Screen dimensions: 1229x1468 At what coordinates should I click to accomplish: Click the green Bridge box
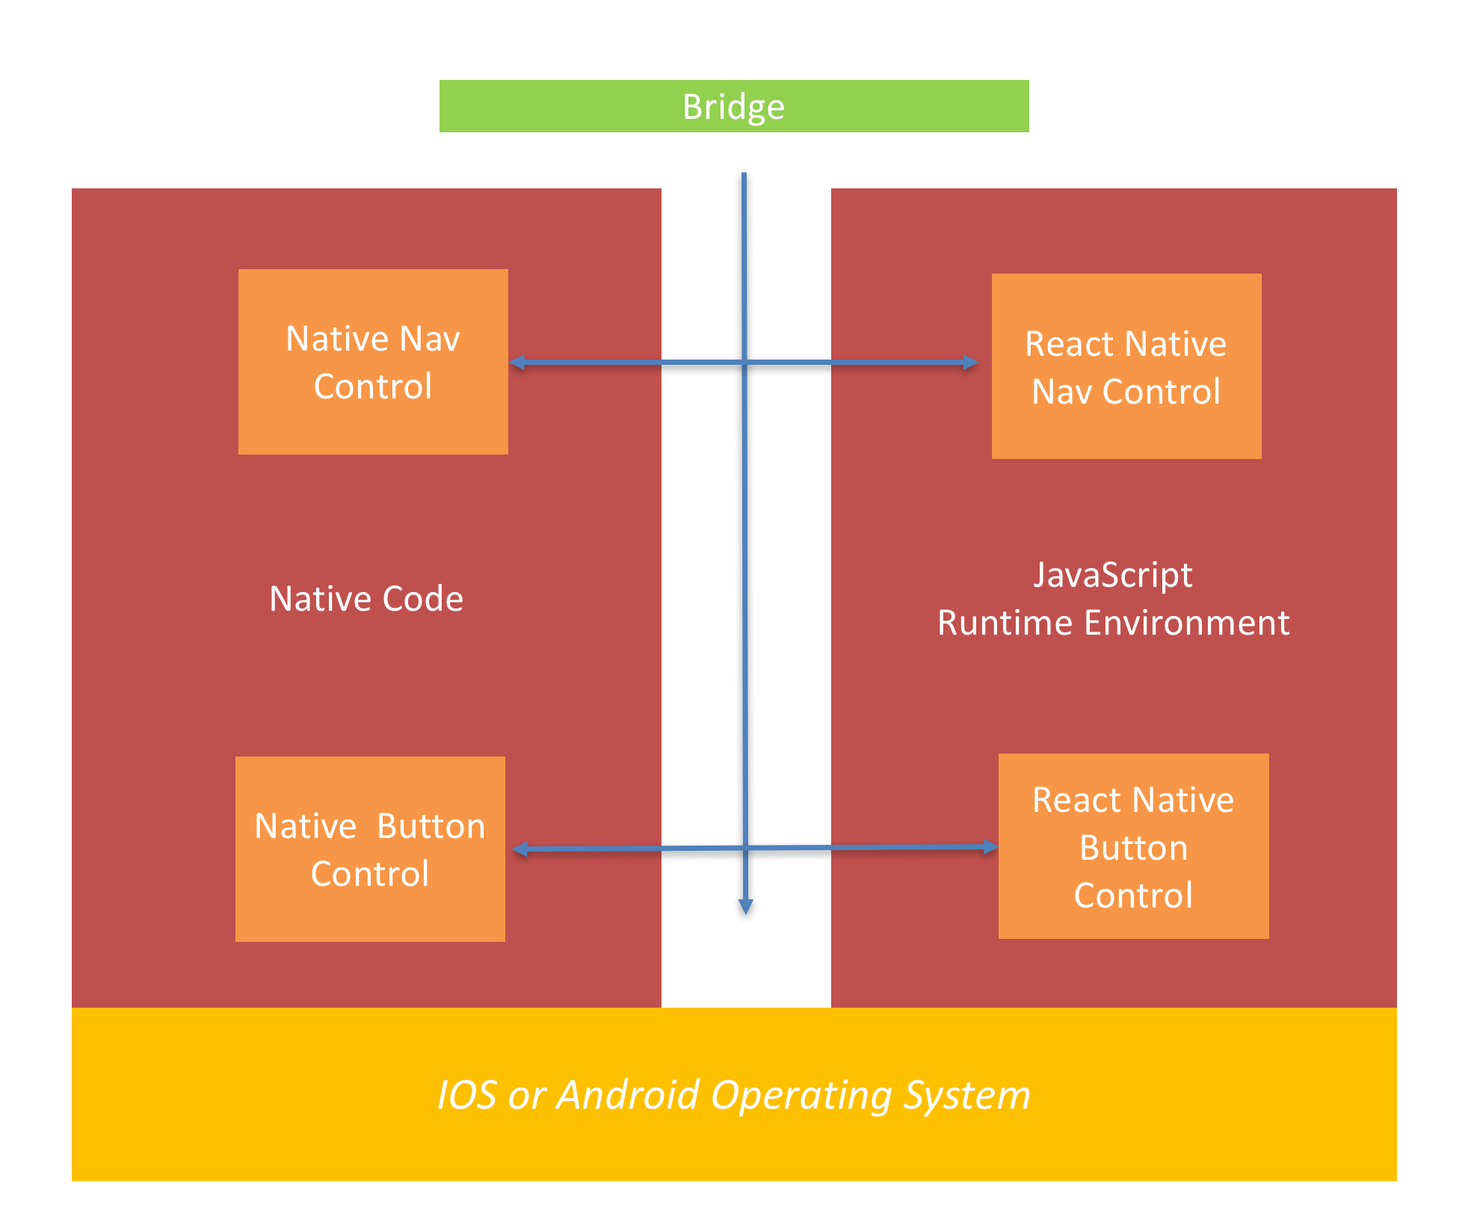pyautogui.click(x=733, y=106)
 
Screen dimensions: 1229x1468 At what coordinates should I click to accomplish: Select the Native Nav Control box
pyautogui.click(x=373, y=362)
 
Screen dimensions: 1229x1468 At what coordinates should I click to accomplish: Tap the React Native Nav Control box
pyautogui.click(x=1126, y=366)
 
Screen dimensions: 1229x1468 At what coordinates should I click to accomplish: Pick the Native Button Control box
pyautogui.click(x=370, y=849)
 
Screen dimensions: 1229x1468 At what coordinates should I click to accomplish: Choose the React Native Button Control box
pyautogui.click(x=1133, y=846)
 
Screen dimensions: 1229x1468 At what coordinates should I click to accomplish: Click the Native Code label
pyautogui.click(x=366, y=599)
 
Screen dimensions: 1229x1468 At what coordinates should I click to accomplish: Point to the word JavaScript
pyautogui.click(x=1113, y=575)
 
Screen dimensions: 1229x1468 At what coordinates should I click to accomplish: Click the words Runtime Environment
pyautogui.click(x=1113, y=623)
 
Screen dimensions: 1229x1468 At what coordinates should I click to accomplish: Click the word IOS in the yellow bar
pyautogui.click(x=466, y=1095)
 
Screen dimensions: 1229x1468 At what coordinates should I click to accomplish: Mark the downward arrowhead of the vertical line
pyautogui.click(x=745, y=907)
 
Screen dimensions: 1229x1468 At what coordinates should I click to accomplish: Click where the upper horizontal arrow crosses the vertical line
pyautogui.click(x=744, y=363)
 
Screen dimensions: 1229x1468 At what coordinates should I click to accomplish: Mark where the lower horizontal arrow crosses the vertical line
pyautogui.click(x=745, y=848)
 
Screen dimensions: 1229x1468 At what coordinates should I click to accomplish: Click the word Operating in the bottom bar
pyautogui.click(x=801, y=1096)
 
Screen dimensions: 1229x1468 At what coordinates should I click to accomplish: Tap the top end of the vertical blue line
pyautogui.click(x=744, y=175)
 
